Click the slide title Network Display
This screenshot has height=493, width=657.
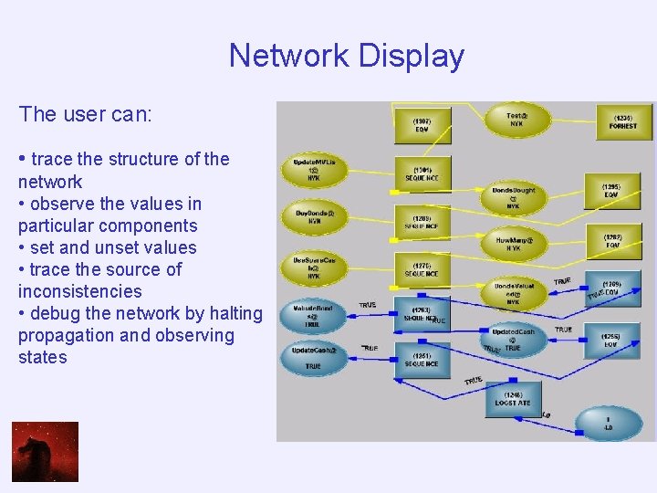tap(347, 56)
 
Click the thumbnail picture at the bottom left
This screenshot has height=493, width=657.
tap(45, 451)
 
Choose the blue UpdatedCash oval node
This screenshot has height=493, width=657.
tap(513, 338)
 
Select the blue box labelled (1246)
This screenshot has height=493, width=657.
tap(512, 399)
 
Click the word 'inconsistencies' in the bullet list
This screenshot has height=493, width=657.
tap(80, 291)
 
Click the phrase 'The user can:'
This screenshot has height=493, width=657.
tap(85, 114)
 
